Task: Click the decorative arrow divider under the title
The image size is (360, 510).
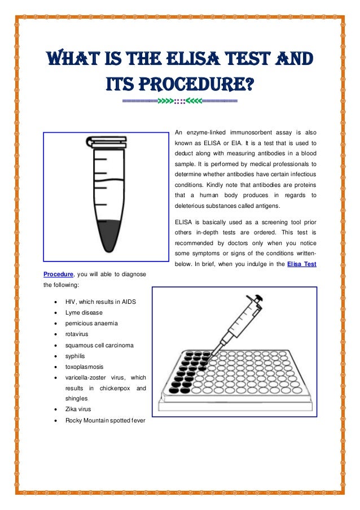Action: click(180, 102)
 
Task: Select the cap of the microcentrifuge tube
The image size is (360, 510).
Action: click(106, 141)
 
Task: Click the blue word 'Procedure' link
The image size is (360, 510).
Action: click(58, 274)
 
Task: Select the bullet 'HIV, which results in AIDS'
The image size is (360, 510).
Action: click(100, 302)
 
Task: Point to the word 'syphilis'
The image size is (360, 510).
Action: click(76, 356)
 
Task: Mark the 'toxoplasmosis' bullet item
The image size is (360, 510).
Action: click(84, 367)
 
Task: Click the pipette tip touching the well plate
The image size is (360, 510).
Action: click(212, 354)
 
